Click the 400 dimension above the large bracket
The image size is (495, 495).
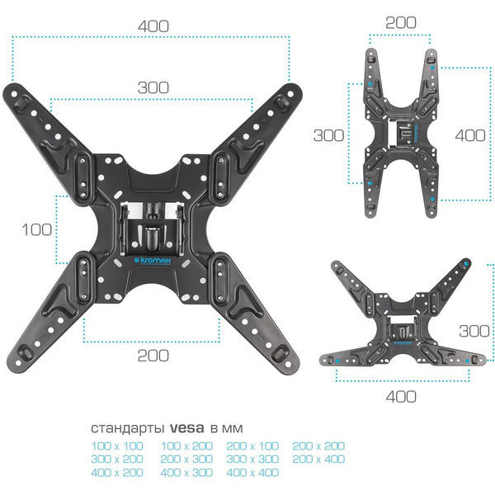(x=153, y=26)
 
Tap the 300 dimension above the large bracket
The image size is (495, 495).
(x=153, y=87)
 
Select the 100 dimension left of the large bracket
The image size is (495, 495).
(x=37, y=229)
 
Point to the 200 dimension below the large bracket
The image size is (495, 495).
(x=153, y=356)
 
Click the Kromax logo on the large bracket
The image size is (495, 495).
(x=153, y=261)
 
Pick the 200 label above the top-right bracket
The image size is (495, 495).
(x=401, y=23)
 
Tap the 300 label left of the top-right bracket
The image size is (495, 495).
(x=328, y=135)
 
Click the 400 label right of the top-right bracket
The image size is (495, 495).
(x=470, y=136)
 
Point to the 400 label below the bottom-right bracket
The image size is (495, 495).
(x=401, y=397)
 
